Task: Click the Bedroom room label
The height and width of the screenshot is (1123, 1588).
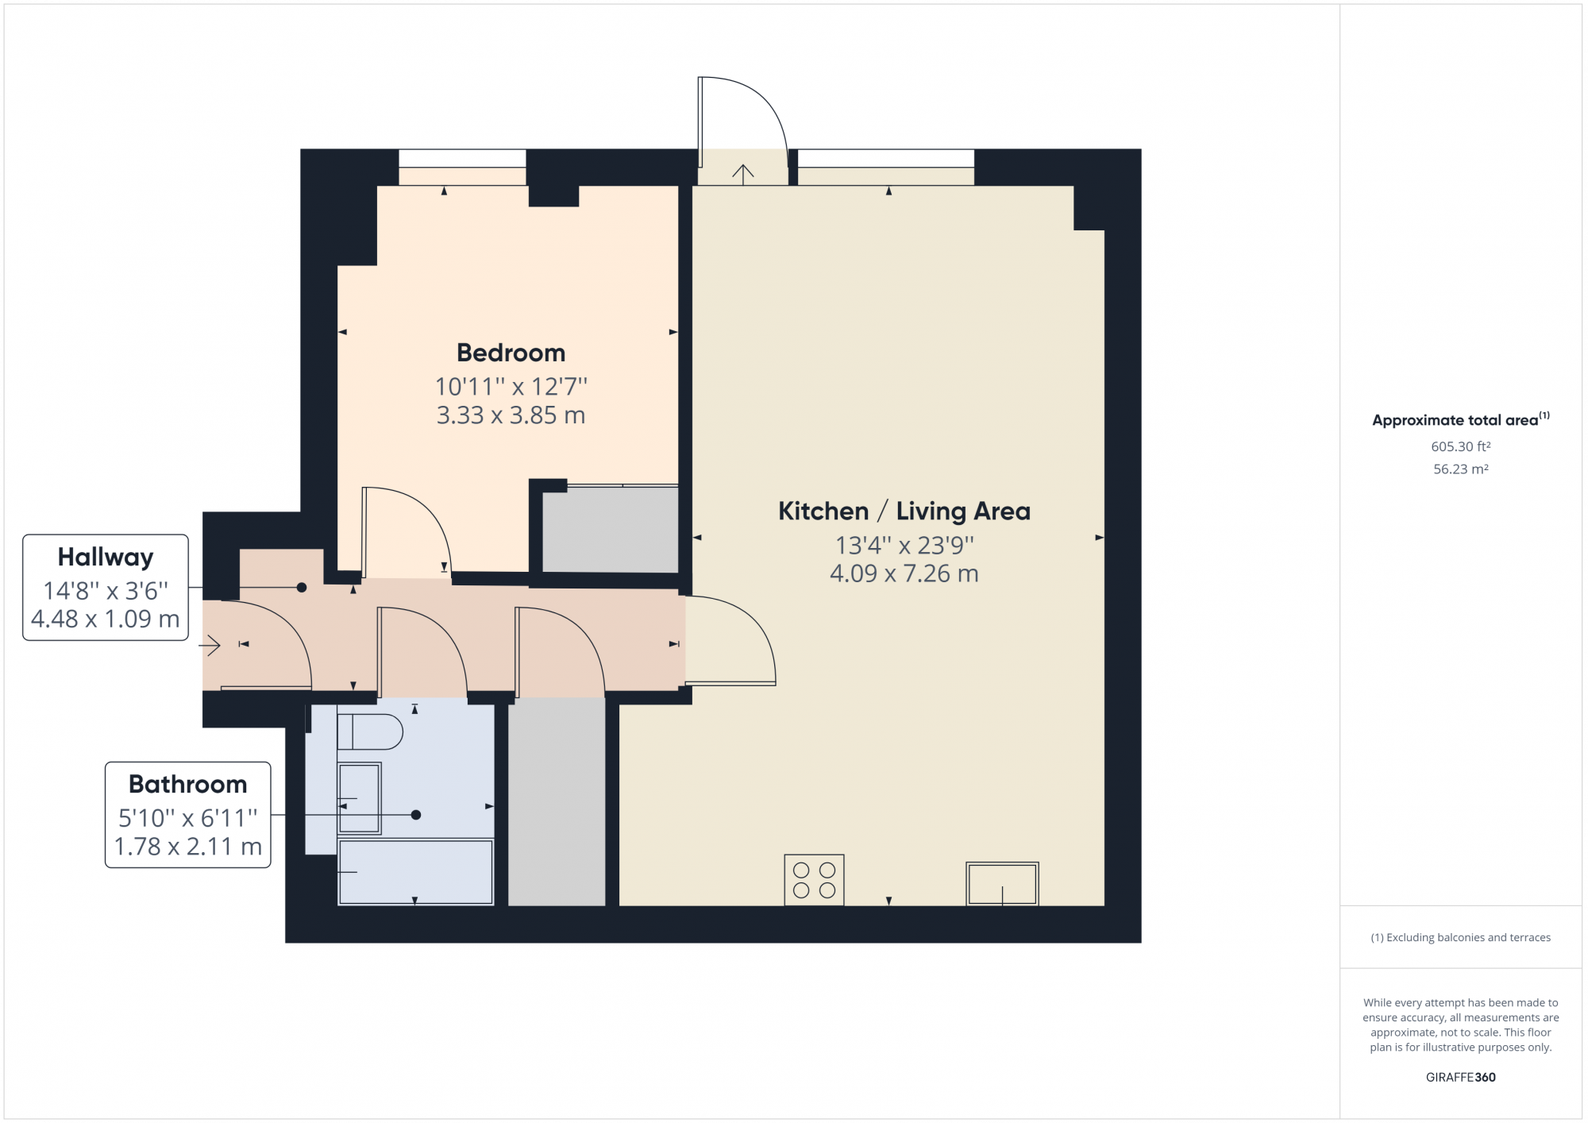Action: (x=511, y=353)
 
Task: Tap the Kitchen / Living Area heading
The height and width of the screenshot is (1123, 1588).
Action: (x=904, y=511)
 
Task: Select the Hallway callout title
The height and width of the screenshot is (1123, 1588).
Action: (x=106, y=557)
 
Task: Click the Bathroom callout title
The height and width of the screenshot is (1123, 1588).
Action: (x=188, y=784)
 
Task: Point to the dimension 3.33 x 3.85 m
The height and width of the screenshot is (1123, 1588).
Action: (x=511, y=415)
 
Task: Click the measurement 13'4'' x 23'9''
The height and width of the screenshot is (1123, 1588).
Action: (x=904, y=545)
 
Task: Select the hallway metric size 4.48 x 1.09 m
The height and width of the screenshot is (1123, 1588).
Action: (x=106, y=619)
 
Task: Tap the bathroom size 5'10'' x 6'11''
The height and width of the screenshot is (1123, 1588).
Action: (x=188, y=817)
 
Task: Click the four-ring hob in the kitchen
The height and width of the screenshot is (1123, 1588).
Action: (x=814, y=880)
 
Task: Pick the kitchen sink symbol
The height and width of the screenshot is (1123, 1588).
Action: (x=1002, y=883)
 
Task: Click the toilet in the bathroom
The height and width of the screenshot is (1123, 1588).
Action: (x=370, y=731)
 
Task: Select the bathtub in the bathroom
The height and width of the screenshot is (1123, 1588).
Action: (x=415, y=872)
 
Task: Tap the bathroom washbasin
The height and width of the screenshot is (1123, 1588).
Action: (x=359, y=798)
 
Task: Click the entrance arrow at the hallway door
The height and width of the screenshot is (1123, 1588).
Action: (x=210, y=646)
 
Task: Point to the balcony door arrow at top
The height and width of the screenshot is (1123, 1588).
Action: (x=742, y=173)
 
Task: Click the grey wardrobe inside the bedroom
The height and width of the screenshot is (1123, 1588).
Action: (x=610, y=530)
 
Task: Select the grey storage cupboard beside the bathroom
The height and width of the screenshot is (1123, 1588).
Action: (x=557, y=802)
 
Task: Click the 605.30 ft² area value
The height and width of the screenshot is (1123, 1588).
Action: (x=1460, y=446)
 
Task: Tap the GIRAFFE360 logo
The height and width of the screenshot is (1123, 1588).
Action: (x=1460, y=1077)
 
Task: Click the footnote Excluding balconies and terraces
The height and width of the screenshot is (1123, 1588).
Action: (x=1460, y=937)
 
